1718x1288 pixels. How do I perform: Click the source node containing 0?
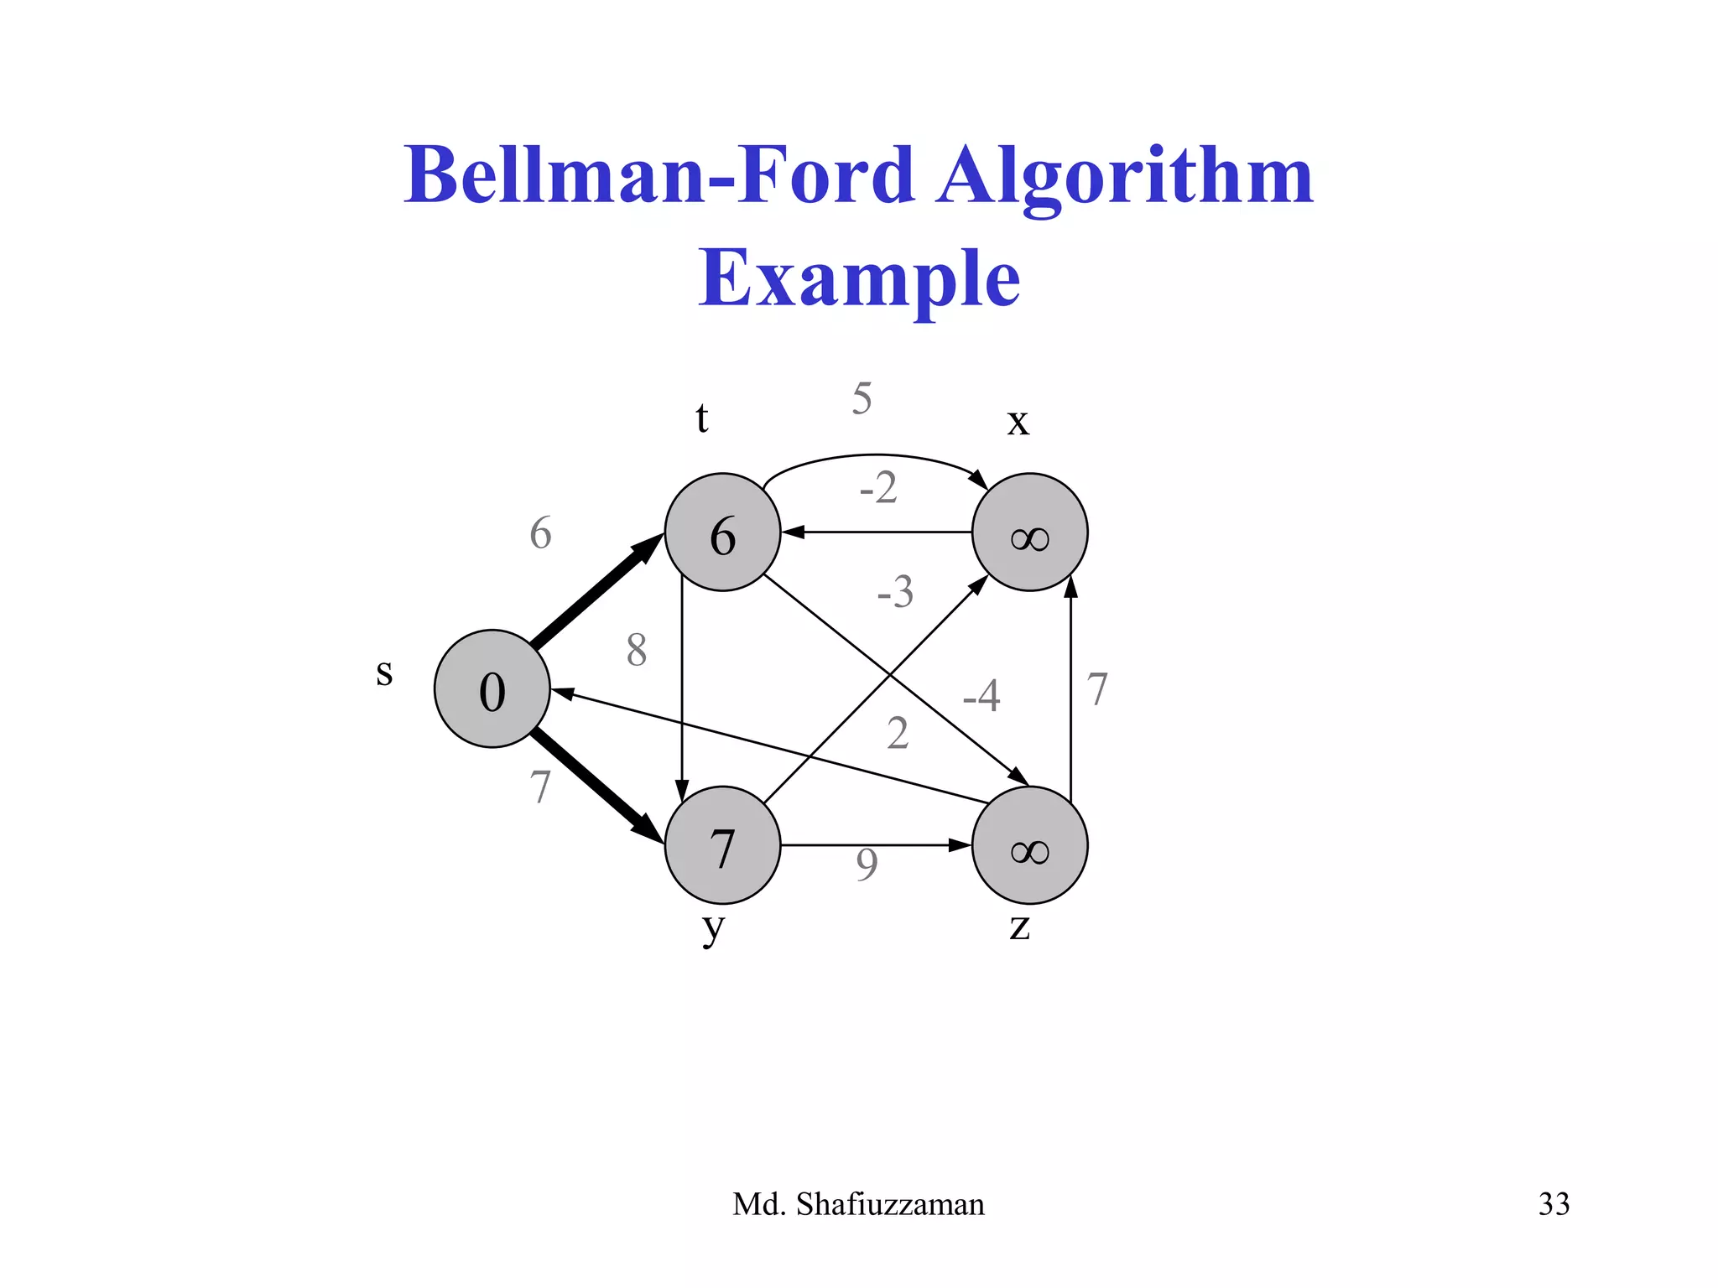[492, 688]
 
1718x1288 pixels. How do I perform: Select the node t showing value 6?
[722, 532]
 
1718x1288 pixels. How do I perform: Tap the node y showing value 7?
[722, 845]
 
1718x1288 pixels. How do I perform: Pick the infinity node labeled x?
[1029, 532]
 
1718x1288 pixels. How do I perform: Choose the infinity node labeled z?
[1029, 845]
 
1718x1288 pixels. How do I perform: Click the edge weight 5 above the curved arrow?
[862, 398]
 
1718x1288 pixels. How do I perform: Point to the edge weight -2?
[878, 487]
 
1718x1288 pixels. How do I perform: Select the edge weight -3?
[895, 592]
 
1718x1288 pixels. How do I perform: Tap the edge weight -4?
[981, 695]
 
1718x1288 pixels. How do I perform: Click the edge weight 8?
[637, 650]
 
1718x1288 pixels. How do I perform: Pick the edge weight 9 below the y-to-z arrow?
[867, 865]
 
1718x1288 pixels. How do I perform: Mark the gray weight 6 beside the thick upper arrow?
[540, 533]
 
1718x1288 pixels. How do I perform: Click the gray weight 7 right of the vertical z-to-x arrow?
[1097, 689]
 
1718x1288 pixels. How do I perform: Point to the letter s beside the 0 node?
[384, 673]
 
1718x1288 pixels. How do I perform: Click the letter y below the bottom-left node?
[713, 928]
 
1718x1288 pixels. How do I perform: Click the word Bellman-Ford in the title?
[659, 175]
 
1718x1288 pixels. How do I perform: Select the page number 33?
[1554, 1204]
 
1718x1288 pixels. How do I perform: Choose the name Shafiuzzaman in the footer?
[890, 1204]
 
